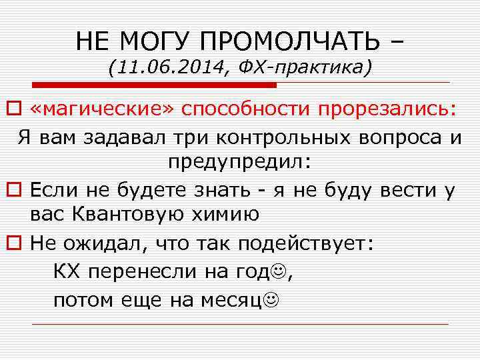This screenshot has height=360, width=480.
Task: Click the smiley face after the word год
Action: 281,271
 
